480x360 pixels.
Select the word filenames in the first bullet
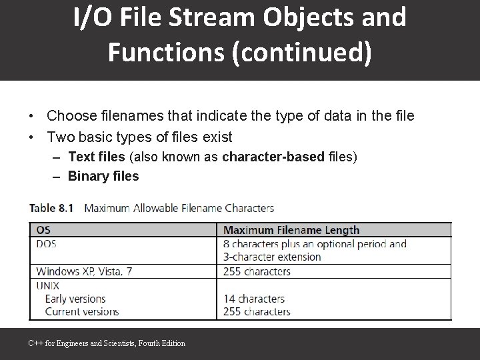tap(133, 116)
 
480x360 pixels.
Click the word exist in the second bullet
tap(214, 137)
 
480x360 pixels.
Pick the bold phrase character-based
tap(274, 157)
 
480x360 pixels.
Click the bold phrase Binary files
tap(103, 176)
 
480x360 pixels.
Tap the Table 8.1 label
tap(51, 208)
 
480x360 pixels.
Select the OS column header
tap(43, 230)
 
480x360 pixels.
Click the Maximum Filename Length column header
tap(291, 230)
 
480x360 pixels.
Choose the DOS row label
tap(47, 244)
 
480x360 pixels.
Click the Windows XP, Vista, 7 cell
tap(85, 271)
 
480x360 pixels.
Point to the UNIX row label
tap(48, 285)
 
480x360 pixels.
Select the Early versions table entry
tap(75, 299)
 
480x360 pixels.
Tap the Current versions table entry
tap(81, 311)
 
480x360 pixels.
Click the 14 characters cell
tap(254, 299)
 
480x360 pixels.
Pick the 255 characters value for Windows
tap(257, 271)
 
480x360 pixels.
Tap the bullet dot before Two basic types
tap(31, 138)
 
